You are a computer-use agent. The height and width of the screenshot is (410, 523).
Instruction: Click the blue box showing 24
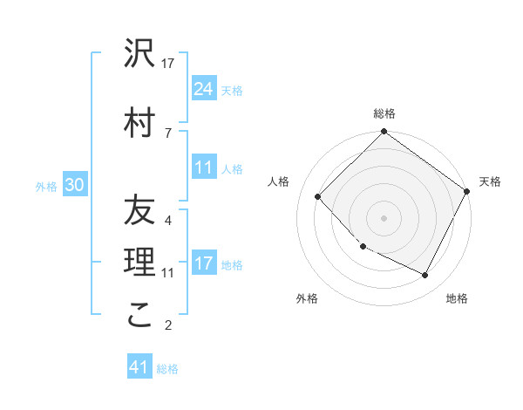tap(204, 88)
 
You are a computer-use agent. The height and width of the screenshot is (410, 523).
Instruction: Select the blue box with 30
tap(73, 184)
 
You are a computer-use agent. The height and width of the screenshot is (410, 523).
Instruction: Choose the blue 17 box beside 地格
tap(204, 263)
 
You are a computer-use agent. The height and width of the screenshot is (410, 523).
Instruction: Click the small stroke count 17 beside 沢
tap(168, 64)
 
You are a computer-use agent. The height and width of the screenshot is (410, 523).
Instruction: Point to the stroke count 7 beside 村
tap(168, 133)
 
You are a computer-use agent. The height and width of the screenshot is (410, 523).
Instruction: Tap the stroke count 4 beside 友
tap(168, 220)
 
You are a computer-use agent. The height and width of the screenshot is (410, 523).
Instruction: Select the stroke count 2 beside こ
tap(168, 326)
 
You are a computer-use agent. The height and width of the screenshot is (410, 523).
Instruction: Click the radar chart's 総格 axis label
tap(384, 113)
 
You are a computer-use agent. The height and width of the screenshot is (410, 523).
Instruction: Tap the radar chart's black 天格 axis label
tap(490, 181)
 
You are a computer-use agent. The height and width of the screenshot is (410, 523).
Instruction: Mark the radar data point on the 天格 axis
tap(467, 192)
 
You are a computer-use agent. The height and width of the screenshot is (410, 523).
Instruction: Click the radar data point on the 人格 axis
tap(318, 197)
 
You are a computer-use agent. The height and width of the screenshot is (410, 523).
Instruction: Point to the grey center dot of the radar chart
tap(384, 218)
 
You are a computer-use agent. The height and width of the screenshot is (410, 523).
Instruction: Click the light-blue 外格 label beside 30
tap(46, 186)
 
